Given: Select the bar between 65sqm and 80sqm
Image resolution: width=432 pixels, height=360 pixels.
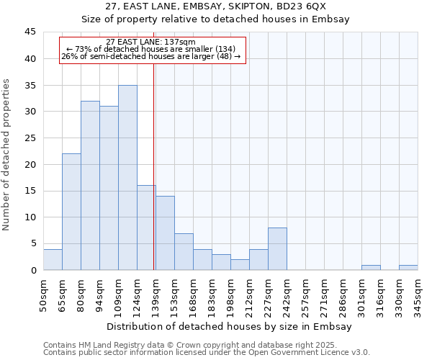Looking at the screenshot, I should [x=71, y=212].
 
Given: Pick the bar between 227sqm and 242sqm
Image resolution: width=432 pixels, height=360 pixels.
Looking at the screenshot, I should [x=277, y=249].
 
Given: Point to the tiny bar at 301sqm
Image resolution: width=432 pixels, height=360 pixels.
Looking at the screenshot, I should [x=371, y=268].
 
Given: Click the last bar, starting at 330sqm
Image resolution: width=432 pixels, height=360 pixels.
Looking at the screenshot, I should [x=408, y=268].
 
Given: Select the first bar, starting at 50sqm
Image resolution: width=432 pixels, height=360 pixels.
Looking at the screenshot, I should [x=53, y=260].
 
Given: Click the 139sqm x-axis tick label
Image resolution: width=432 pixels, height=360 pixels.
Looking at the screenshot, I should [x=156, y=293].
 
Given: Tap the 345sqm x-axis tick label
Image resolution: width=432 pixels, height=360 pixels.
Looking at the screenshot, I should [x=418, y=293].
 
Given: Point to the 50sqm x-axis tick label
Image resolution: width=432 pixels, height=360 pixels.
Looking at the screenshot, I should [x=43, y=293].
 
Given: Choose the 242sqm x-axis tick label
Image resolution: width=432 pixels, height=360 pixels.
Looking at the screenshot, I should [x=287, y=293].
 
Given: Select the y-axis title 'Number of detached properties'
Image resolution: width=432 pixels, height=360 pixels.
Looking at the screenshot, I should [x=7, y=155].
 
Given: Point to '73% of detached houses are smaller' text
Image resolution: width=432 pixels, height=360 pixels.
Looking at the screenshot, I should [x=151, y=49].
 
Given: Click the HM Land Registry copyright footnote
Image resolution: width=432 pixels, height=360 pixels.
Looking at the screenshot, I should [x=205, y=345].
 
